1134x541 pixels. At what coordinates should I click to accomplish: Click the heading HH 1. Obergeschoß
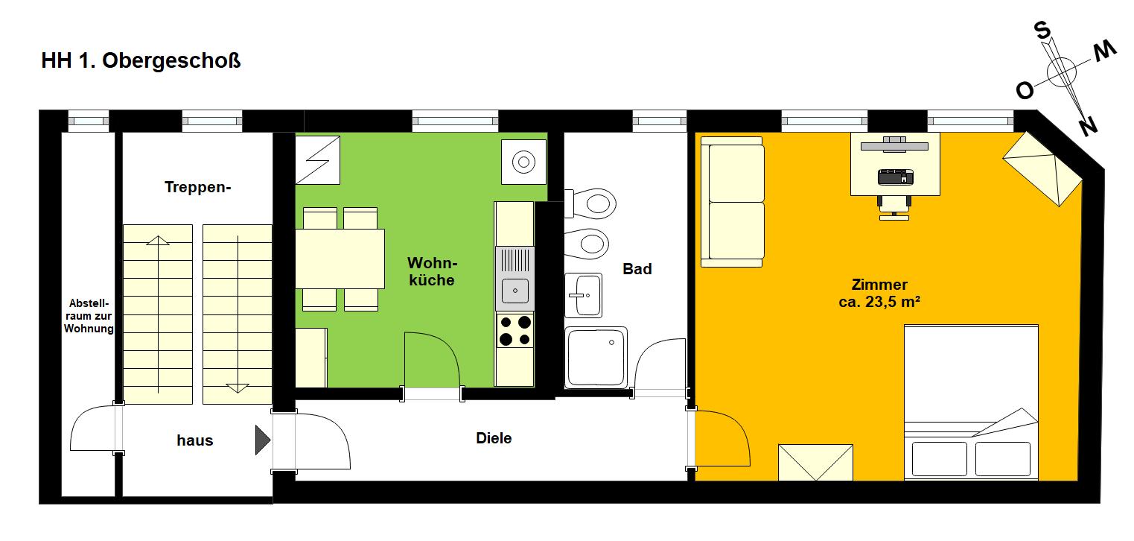click(x=141, y=61)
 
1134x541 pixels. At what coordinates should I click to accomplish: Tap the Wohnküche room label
click(x=433, y=271)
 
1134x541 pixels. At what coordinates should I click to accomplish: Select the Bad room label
click(x=637, y=269)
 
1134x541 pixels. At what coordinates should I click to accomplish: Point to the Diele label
click(x=494, y=438)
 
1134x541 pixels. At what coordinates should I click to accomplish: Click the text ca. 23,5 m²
click(x=879, y=302)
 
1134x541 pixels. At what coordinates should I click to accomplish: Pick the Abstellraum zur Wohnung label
click(x=89, y=316)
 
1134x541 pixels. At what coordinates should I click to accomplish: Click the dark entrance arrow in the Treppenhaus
click(x=262, y=440)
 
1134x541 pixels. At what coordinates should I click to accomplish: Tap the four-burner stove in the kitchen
click(x=515, y=330)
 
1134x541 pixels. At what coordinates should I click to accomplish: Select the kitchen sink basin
click(x=515, y=291)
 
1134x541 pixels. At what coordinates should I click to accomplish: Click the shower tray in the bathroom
click(x=596, y=358)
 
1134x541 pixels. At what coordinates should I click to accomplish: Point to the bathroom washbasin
click(x=584, y=295)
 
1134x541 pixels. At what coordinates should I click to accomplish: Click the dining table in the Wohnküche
click(x=340, y=259)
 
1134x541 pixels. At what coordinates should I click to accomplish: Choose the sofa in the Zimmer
click(x=732, y=202)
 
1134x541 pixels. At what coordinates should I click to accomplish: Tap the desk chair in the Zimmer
click(x=894, y=207)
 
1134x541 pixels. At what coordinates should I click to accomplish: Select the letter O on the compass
click(x=1025, y=91)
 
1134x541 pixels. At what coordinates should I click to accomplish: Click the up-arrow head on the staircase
click(x=158, y=241)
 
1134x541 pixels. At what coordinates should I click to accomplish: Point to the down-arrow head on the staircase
click(x=238, y=388)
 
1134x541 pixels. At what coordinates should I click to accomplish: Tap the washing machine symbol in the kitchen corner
click(x=524, y=162)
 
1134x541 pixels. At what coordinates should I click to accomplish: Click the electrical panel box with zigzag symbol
click(x=318, y=160)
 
